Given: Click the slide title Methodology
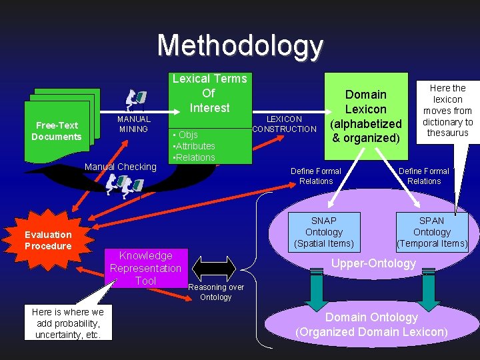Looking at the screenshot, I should point(240,46).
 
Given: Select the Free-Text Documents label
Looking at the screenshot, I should point(57,131).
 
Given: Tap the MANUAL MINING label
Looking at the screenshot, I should point(133,124).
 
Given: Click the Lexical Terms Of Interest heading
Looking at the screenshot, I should point(209,93).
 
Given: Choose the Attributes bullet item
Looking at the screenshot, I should point(194,146).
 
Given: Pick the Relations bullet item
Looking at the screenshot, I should point(194,157).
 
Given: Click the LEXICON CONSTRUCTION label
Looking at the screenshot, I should point(285,124).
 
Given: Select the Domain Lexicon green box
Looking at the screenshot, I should point(365,117).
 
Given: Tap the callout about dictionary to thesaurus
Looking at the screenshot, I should point(447,111).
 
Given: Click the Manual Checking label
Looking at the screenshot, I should point(121,167).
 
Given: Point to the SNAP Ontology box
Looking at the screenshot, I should point(324,232).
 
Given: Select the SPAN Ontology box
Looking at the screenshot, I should point(432,232).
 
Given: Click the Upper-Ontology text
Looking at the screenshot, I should point(373,263).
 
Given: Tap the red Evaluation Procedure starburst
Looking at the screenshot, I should point(48,240).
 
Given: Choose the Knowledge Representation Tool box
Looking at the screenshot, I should point(145,268).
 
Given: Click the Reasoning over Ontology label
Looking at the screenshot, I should point(216,292).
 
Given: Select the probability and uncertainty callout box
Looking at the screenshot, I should point(68,323).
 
